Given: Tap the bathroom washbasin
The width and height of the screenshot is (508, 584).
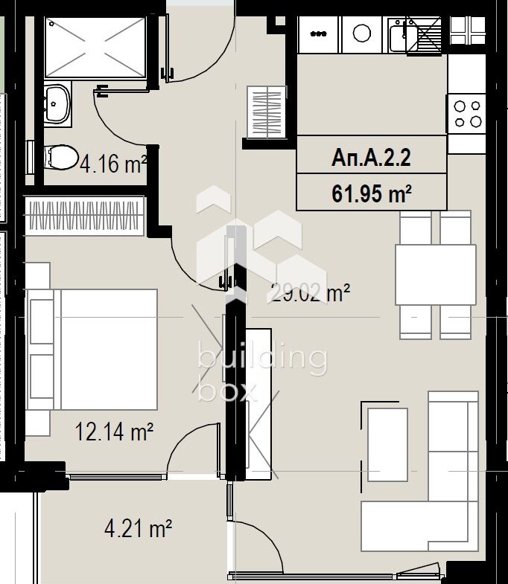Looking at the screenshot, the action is click(57, 103).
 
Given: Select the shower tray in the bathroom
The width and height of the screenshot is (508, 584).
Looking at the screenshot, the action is click(95, 48).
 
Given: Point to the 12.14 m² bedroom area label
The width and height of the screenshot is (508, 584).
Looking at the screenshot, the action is click(114, 431).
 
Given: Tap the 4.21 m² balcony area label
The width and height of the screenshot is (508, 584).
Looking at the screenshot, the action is click(138, 528).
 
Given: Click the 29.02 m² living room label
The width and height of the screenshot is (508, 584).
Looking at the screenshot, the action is click(309, 294).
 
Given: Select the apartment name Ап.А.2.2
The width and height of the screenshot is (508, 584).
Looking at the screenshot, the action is click(371, 158).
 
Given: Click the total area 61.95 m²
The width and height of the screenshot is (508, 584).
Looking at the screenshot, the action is click(372, 193).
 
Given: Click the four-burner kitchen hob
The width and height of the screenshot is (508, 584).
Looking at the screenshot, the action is click(467, 114).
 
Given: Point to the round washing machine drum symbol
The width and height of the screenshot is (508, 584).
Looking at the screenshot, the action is click(361, 33).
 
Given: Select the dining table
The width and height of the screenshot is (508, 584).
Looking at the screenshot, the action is click(436, 275).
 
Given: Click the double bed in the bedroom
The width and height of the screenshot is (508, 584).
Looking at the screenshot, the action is click(92, 350).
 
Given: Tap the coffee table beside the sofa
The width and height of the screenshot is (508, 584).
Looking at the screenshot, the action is click(387, 444).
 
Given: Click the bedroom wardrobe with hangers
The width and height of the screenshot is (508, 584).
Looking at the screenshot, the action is click(84, 216).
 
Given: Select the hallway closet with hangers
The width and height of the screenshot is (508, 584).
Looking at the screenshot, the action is click(267, 112).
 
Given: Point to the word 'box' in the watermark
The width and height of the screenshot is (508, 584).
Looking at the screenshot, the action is click(227, 391).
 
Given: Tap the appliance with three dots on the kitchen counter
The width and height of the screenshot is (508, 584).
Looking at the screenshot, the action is click(318, 34).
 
